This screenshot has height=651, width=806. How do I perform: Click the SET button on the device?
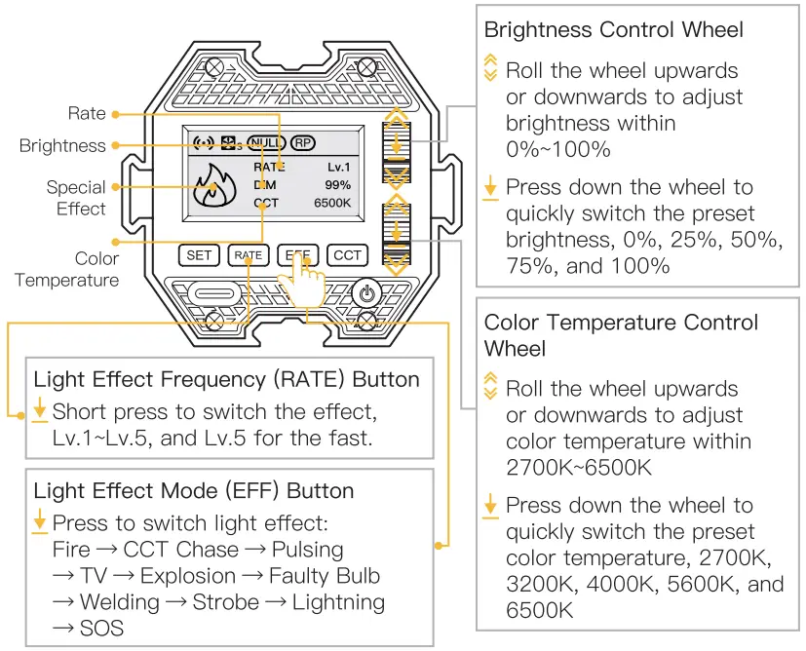[199, 255]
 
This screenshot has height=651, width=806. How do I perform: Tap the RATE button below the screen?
[249, 255]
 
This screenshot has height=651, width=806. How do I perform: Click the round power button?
[366, 293]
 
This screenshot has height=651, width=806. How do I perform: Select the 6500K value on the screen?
[332, 203]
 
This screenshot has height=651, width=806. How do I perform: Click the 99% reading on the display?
[337, 184]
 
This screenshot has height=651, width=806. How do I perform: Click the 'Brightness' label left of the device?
[62, 146]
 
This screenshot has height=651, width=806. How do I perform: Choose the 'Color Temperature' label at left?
[67, 270]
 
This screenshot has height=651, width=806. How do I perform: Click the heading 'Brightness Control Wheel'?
[613, 29]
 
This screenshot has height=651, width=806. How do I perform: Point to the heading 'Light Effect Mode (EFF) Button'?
[193, 491]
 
